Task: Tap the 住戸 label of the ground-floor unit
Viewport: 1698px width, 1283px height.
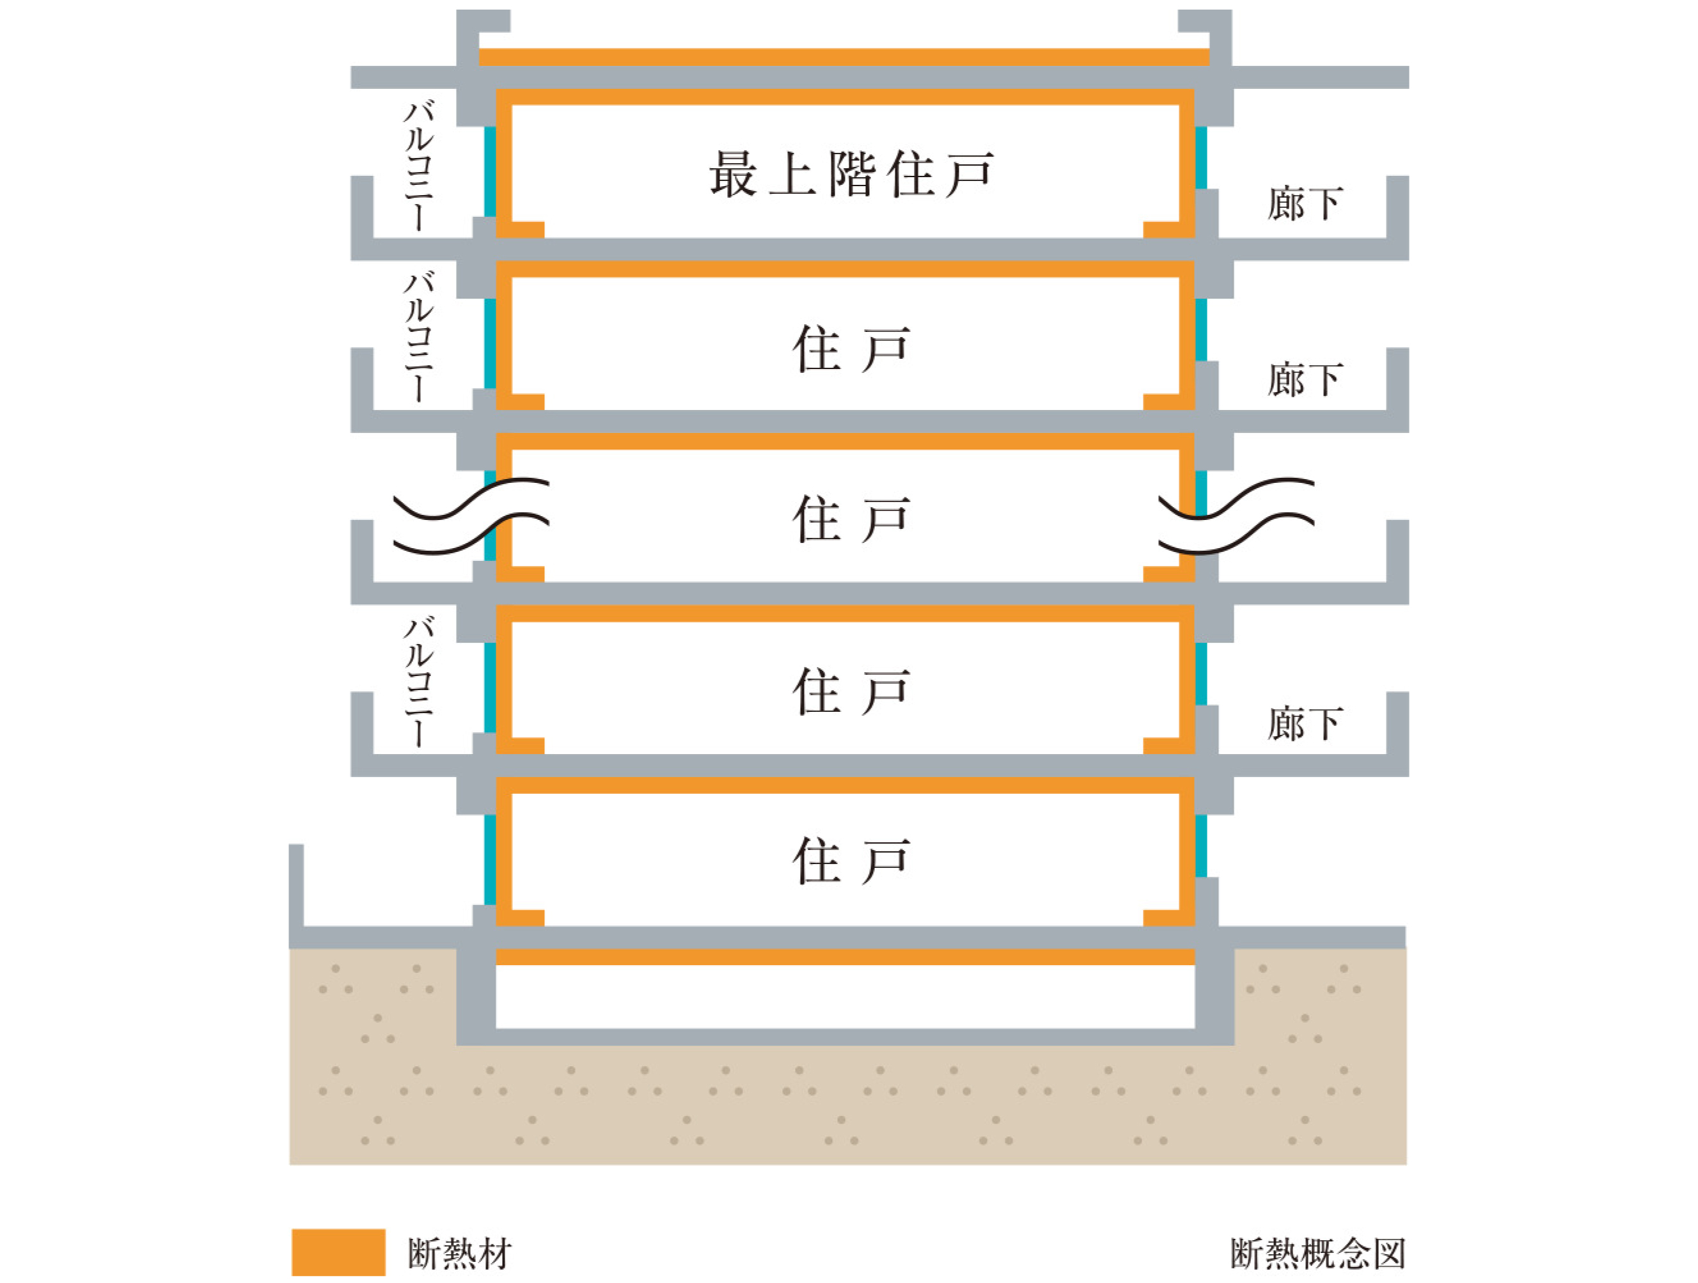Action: (851, 862)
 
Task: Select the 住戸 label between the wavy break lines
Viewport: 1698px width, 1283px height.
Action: (851, 519)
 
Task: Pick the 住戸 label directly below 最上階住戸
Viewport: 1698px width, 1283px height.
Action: (851, 349)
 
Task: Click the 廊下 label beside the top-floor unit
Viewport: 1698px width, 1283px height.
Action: (1305, 203)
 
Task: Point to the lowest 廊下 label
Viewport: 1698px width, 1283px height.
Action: (1305, 723)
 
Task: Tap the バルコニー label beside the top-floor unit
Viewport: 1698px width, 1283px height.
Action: (419, 166)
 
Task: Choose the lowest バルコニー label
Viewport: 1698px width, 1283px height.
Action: (419, 682)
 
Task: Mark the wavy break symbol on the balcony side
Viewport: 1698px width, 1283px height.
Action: (471, 516)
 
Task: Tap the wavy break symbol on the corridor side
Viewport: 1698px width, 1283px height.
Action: (1236, 516)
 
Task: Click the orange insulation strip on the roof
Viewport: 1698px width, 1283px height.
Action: (844, 58)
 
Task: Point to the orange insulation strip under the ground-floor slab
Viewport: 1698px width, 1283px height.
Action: (845, 957)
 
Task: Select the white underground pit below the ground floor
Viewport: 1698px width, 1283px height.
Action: (845, 996)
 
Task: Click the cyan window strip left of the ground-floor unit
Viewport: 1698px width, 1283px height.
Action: (490, 860)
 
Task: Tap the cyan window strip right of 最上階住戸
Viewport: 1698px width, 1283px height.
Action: (1201, 158)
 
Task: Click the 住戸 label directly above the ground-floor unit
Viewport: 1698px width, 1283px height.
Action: (851, 691)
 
